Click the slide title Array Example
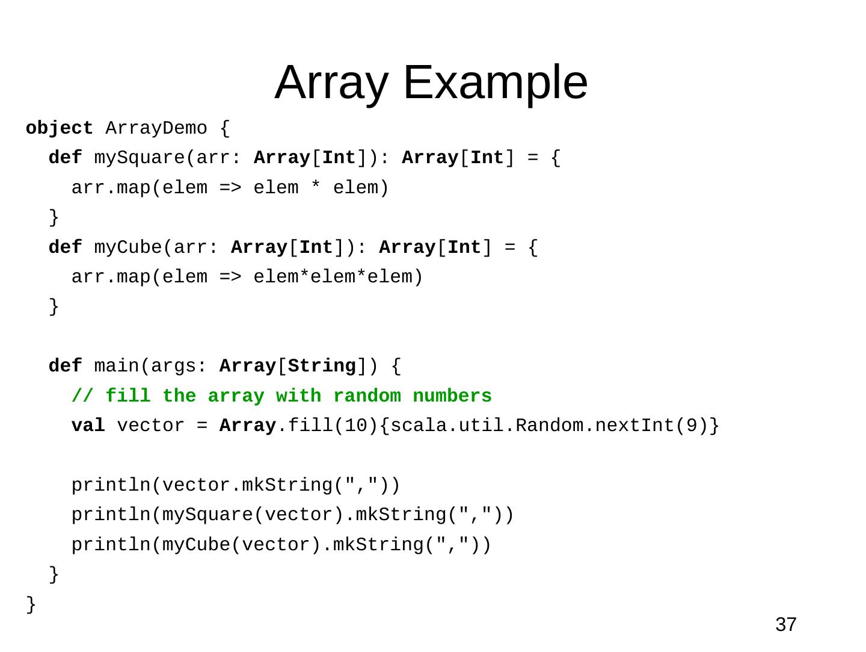tap(431, 82)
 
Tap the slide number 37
tap(785, 625)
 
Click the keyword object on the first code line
tap(59, 128)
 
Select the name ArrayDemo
tap(156, 128)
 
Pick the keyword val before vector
tap(88, 426)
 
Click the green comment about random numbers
tap(281, 396)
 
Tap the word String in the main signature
tap(322, 366)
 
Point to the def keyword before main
tap(65, 366)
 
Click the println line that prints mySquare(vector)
tap(292, 515)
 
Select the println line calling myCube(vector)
tap(281, 545)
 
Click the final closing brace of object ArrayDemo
tap(31, 604)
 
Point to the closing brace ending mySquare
tap(54, 217)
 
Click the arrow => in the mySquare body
tap(230, 188)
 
